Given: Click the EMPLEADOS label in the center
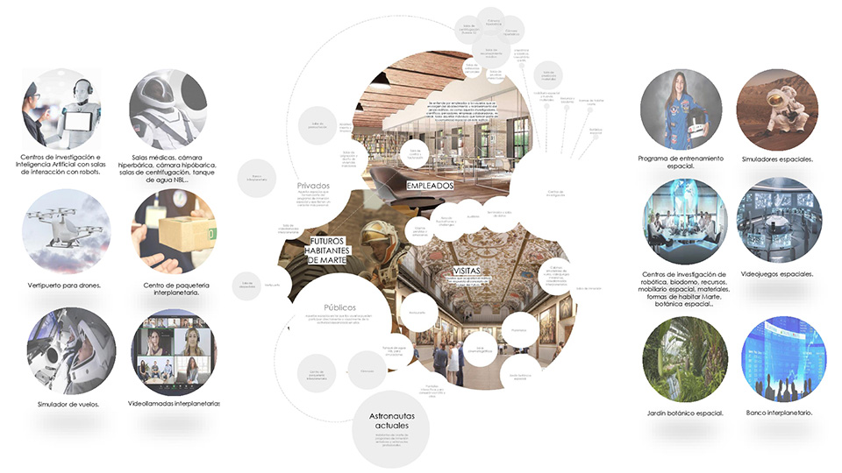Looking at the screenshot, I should click(x=430, y=187).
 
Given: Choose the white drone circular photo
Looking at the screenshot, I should click(x=66, y=231).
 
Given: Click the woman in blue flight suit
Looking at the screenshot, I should click(x=681, y=110).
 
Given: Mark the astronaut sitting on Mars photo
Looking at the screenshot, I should click(x=777, y=109).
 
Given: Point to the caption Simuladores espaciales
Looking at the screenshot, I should click(x=777, y=159).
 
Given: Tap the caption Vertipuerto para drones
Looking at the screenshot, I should click(x=66, y=286).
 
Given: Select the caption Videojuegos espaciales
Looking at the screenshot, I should click(x=777, y=273).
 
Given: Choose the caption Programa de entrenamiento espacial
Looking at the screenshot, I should click(x=681, y=163).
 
